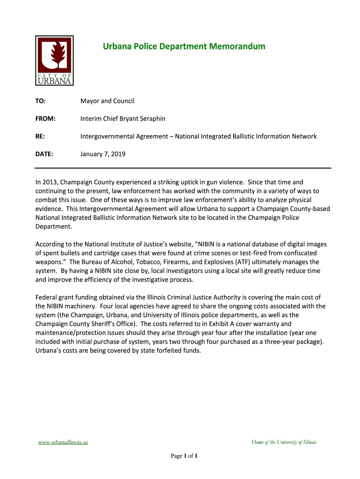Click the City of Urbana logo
click(54, 61)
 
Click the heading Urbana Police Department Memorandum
click(184, 46)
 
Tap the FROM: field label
click(45, 119)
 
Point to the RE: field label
click(41, 137)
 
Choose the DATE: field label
click(44, 154)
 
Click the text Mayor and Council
click(108, 101)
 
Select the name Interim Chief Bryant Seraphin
click(123, 119)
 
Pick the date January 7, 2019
click(103, 154)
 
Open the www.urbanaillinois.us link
click(63, 442)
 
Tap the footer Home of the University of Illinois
click(284, 442)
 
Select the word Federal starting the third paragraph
click(47, 298)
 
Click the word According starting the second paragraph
click(51, 244)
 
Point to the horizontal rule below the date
click(183, 168)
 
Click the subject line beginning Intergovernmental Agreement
click(199, 137)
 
